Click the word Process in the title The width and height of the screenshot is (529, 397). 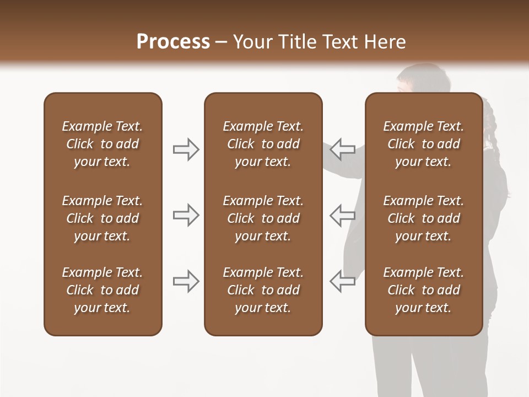tap(173, 42)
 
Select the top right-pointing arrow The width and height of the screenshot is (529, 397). tap(186, 149)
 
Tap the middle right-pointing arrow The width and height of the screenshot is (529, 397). tap(186, 215)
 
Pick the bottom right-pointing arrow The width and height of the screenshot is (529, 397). tap(186, 281)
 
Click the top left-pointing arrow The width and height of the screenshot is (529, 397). tap(343, 149)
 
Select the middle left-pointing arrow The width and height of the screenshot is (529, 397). tap(343, 215)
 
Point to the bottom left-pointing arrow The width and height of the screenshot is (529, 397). tap(343, 281)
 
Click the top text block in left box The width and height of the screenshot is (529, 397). tap(102, 144)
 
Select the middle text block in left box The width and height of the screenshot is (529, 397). tap(102, 218)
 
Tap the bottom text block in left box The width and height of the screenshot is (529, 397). tap(102, 290)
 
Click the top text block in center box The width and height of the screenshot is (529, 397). tap(263, 144)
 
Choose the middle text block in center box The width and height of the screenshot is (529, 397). tap(263, 218)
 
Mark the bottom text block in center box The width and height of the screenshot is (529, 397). tap(263, 290)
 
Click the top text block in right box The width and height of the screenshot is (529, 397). tap(423, 144)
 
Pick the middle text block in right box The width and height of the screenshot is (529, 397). tap(423, 218)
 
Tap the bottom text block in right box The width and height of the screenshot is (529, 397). tap(423, 290)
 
